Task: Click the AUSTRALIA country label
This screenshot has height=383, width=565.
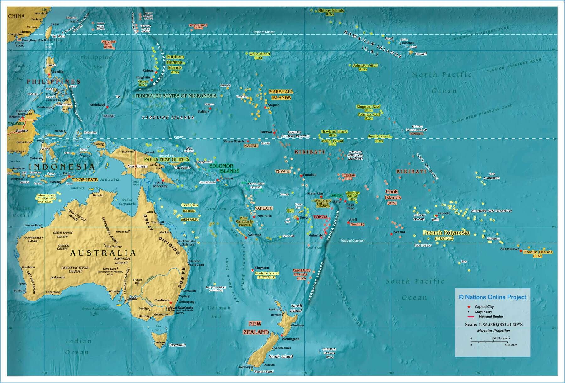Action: (x=103, y=253)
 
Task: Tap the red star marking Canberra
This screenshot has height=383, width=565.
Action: (x=171, y=302)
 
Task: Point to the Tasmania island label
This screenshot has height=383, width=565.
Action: (x=177, y=345)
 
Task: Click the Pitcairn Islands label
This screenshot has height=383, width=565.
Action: (x=538, y=252)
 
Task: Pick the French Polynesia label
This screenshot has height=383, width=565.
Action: (x=446, y=233)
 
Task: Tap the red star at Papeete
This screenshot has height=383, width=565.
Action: (x=436, y=216)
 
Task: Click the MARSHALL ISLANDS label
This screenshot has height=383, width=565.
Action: (x=281, y=95)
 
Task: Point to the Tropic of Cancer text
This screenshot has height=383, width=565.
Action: (x=264, y=32)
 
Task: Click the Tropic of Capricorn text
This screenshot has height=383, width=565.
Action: (x=353, y=241)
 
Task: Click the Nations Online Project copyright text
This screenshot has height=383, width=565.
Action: (x=492, y=297)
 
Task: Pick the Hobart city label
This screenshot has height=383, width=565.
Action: (x=160, y=342)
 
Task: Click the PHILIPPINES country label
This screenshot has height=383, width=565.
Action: (x=53, y=82)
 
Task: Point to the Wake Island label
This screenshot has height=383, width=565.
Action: (x=260, y=54)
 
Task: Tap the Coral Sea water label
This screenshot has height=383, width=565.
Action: (x=215, y=209)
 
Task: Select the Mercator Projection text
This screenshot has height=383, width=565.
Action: (x=493, y=331)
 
